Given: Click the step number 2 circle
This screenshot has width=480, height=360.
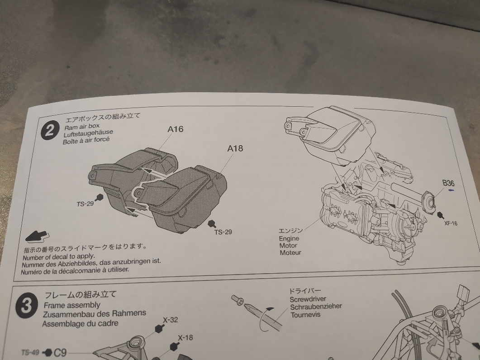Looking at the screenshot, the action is coord(50,130).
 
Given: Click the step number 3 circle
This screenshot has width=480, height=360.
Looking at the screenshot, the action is coord(27,305).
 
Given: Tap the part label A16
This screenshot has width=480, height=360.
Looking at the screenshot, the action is coord(176,129).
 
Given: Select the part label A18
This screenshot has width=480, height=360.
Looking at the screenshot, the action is coord(235,148).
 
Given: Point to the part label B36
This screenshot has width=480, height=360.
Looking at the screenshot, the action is coord(448,183).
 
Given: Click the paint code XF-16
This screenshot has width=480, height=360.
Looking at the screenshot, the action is coord(451,223).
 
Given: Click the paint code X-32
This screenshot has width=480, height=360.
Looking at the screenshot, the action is coord(170,320).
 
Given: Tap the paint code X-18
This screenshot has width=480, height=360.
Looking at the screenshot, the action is coord(185,338).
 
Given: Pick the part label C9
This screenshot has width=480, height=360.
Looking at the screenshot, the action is coord(60,353).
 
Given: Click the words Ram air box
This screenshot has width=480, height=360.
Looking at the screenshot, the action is coord(82,127).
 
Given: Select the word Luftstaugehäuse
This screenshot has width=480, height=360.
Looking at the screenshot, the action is coord(88,133).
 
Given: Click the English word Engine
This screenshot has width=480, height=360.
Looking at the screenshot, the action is coord(289,238).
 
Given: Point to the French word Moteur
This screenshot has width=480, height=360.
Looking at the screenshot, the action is coord(290,252).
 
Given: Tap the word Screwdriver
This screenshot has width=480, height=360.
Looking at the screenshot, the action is coord(308,299).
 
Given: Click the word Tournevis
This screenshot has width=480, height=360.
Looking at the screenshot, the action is coord(305,314).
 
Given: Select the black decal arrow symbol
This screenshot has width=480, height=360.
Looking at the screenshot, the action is coord(37,236).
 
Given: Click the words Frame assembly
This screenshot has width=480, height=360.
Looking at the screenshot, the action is coord(72,305).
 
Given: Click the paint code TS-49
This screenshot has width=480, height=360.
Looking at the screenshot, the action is coord(30,352).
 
